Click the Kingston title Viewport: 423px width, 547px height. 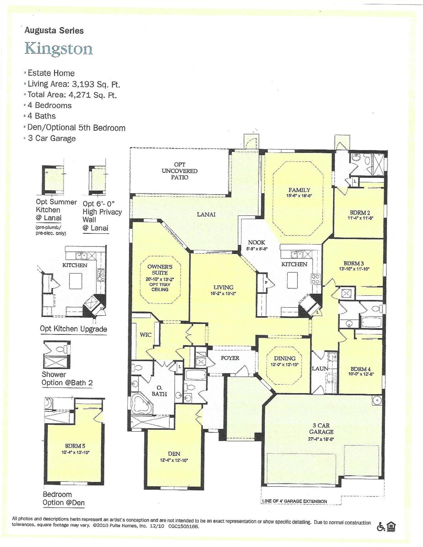(58, 48)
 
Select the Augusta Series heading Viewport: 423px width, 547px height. (54, 31)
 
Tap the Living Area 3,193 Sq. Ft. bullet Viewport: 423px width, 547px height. (74, 84)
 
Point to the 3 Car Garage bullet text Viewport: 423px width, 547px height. (52, 138)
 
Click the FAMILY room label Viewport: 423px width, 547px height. (299, 190)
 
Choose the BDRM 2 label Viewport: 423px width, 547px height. (360, 213)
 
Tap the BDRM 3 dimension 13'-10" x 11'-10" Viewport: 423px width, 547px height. (354, 269)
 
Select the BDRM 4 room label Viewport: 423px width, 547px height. (360, 369)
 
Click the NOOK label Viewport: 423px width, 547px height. (256, 243)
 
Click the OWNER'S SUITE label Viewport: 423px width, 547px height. (160, 270)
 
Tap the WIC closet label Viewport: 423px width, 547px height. (145, 335)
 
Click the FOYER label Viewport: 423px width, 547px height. (230, 358)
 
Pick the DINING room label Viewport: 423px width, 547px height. (284, 358)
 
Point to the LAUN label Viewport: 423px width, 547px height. (320, 369)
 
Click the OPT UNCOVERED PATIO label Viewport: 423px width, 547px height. (179, 171)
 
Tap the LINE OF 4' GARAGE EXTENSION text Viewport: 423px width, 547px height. (294, 501)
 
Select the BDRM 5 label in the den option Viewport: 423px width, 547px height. (75, 446)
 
